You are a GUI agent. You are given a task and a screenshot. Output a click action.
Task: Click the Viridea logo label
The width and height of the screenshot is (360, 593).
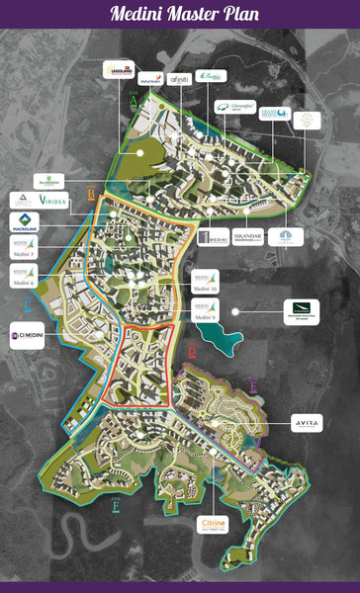(x=55, y=201)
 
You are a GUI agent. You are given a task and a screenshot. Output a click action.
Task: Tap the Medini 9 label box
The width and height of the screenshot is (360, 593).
(x=206, y=312)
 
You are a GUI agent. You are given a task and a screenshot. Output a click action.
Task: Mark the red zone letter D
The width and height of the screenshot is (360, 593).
(x=192, y=353)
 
